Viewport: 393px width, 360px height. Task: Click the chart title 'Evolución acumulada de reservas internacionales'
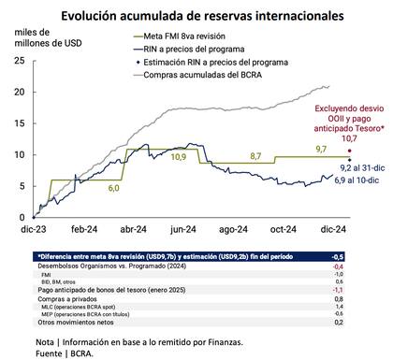(197, 16)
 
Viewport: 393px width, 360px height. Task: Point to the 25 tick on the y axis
(21, 60)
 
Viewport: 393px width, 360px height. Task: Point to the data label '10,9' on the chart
(179, 155)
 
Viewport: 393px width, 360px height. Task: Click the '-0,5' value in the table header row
(365, 255)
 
